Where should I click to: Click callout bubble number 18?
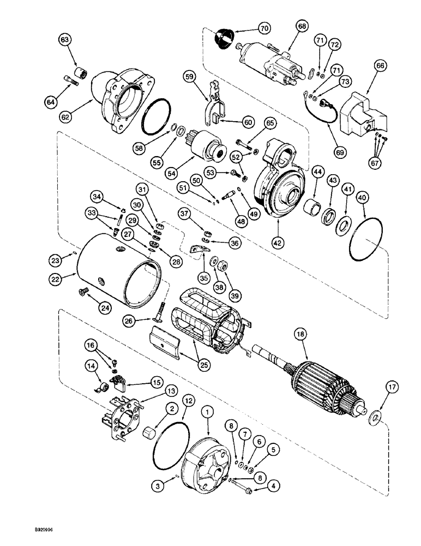299,333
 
